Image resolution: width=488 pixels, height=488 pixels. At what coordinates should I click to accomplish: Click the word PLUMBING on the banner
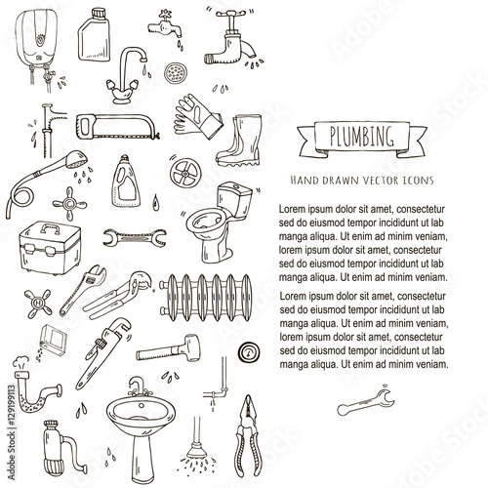tap(362, 137)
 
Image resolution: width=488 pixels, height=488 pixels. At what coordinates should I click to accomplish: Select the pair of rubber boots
tap(239, 141)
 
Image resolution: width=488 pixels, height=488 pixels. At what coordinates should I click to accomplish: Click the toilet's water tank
tap(235, 199)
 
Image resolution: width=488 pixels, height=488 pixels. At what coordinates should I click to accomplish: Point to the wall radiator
tap(206, 298)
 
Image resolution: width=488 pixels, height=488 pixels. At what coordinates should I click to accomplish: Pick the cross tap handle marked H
tap(38, 304)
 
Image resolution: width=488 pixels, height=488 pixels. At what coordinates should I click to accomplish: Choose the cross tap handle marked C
tap(69, 204)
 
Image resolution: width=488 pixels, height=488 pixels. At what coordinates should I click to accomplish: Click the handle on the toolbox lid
tap(50, 228)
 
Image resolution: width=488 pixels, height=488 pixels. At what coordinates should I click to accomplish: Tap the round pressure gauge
tap(249, 352)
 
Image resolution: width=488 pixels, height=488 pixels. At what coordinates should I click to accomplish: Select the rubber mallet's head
tap(191, 348)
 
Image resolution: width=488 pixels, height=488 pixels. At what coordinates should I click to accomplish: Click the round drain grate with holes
tap(175, 72)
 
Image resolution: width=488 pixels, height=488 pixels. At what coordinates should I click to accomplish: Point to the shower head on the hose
tap(77, 159)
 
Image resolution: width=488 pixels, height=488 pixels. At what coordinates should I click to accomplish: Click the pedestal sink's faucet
tap(139, 386)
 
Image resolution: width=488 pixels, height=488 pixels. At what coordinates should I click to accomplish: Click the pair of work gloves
tap(197, 116)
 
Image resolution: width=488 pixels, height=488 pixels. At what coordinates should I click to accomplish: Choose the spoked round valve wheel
tap(185, 173)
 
